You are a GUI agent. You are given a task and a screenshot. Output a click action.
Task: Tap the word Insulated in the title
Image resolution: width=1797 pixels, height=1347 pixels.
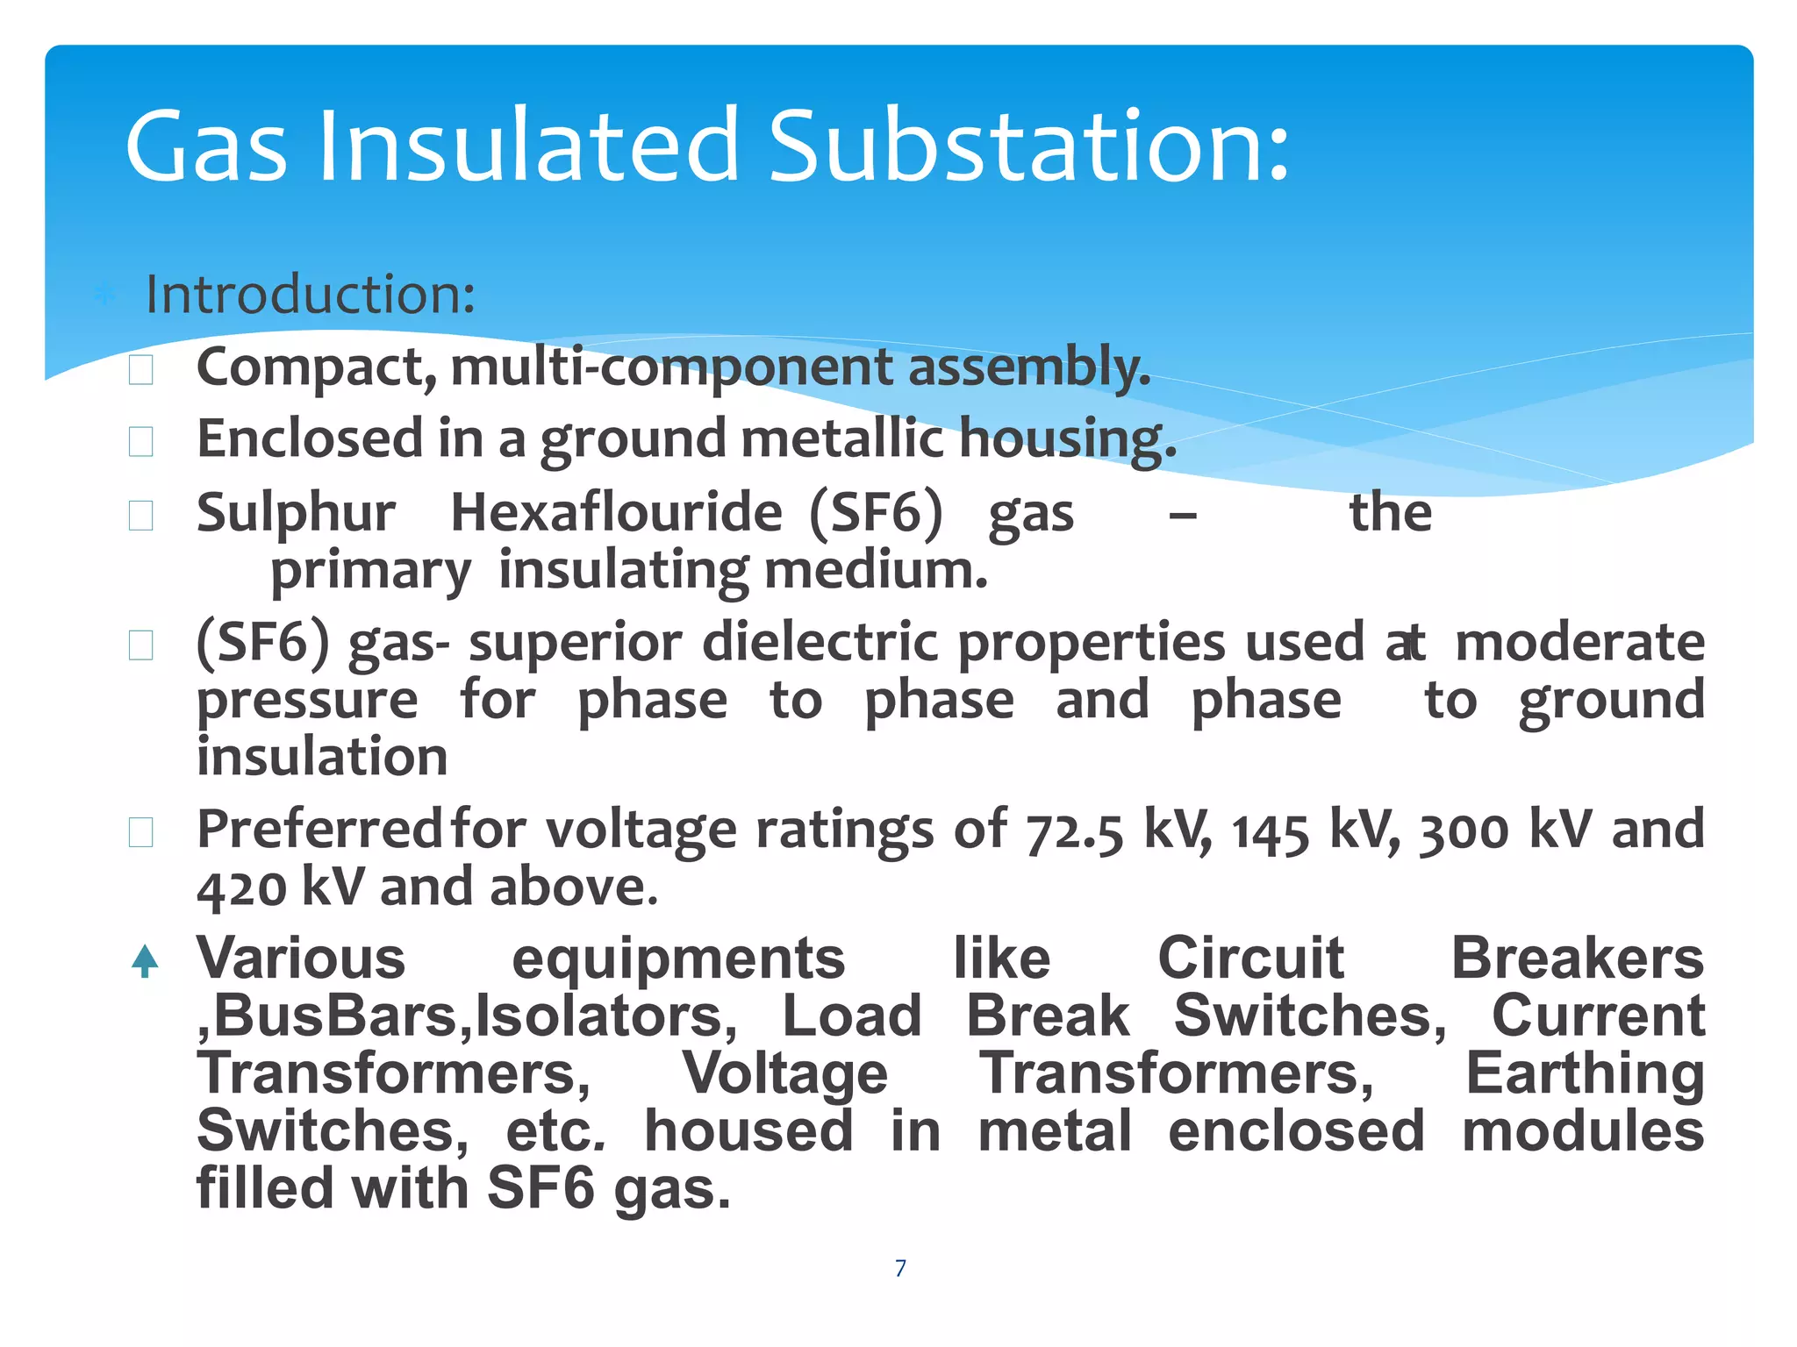[x=529, y=146]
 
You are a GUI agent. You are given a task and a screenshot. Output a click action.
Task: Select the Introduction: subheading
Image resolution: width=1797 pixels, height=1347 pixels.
[x=310, y=294]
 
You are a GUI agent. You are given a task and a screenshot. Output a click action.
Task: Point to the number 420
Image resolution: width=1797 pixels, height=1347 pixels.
[x=241, y=888]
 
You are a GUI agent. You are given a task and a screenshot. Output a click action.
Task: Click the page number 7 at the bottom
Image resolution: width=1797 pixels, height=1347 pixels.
[x=900, y=1268]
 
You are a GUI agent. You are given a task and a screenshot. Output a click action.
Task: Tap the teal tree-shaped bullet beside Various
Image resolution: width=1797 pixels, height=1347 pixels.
[x=145, y=960]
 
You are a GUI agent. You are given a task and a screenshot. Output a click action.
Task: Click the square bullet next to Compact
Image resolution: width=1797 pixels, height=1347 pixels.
[x=141, y=370]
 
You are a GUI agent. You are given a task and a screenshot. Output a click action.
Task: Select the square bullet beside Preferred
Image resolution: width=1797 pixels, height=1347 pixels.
[x=141, y=832]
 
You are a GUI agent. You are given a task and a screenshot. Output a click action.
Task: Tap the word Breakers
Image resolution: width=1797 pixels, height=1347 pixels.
[x=1577, y=959]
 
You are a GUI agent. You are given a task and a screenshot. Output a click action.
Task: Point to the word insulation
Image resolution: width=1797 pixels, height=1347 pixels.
[x=322, y=757]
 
